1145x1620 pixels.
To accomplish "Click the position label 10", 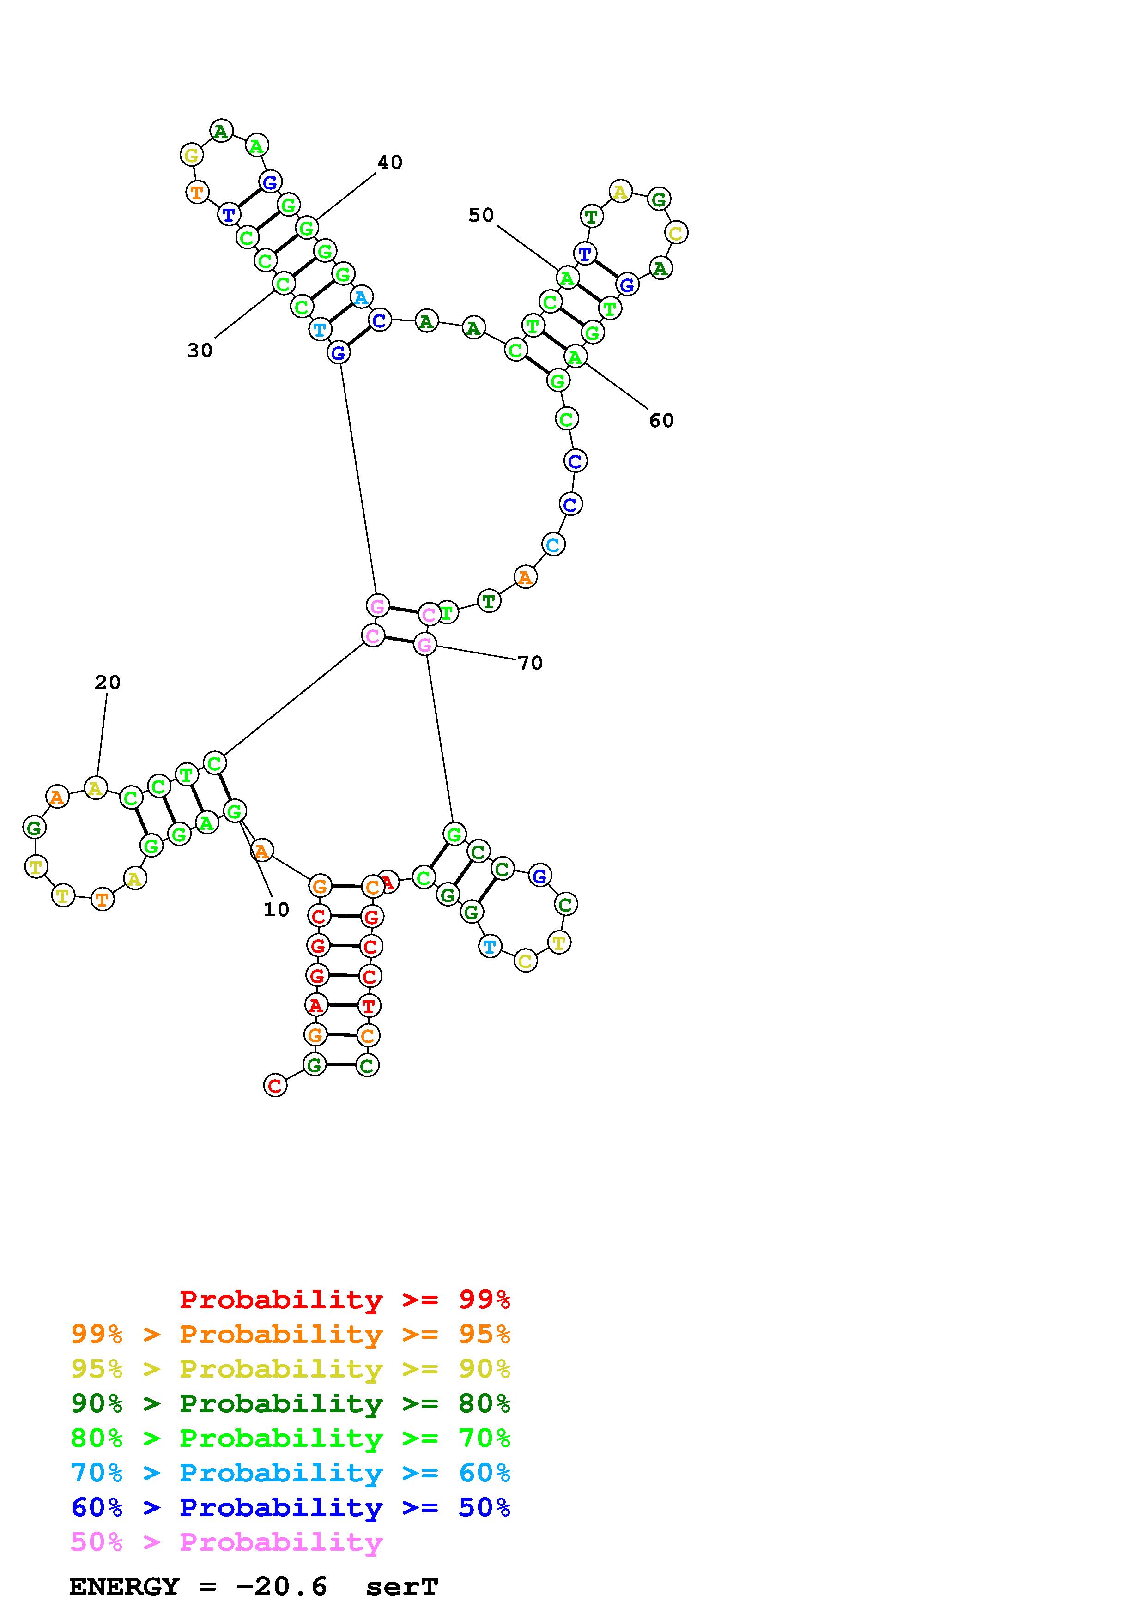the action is tap(276, 910).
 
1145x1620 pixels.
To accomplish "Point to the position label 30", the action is tap(200, 351).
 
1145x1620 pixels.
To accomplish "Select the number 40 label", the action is tap(389, 163).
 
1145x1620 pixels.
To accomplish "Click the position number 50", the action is tap(481, 215).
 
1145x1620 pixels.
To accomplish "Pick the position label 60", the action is tap(661, 421).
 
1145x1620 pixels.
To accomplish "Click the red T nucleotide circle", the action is tap(368, 1005).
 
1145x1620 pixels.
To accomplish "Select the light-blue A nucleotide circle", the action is tap(361, 298).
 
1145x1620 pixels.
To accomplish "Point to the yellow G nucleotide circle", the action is tap(191, 155).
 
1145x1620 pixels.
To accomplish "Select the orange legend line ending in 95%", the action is tap(290, 1334).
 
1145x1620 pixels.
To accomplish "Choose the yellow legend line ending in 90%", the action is tap(290, 1369).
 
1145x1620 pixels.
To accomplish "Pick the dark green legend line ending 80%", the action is tap(290, 1403).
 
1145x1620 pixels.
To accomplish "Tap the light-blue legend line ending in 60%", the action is tap(290, 1473).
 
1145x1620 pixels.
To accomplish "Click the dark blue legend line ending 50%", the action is tap(290, 1507).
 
